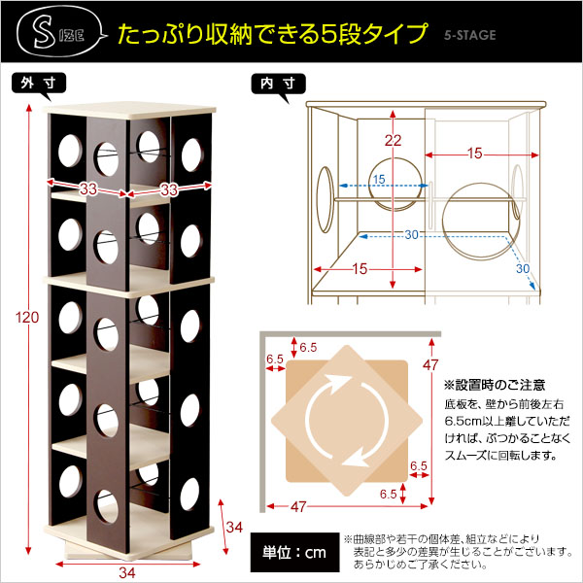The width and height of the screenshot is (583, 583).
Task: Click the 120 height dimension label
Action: click(27, 317)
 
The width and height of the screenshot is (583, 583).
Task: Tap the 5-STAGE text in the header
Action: click(470, 35)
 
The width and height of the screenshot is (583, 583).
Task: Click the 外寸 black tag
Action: click(39, 84)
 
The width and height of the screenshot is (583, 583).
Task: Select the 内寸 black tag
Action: click(279, 84)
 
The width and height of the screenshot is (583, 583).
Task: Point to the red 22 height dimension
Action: click(393, 140)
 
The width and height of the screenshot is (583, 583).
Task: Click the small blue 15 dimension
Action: click(379, 179)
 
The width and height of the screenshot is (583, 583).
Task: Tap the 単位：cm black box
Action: click(294, 552)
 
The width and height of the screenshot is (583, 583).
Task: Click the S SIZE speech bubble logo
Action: click(59, 33)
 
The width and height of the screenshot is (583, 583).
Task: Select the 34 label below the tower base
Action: click(127, 572)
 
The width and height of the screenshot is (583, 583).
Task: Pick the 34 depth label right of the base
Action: click(234, 527)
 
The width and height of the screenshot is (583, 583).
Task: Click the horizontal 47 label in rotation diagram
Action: click(298, 506)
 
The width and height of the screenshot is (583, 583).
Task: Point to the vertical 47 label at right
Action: click(430, 365)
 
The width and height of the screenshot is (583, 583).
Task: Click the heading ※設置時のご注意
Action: click(495, 385)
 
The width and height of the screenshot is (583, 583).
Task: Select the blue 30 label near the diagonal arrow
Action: click(523, 268)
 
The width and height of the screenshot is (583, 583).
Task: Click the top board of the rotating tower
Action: click(129, 111)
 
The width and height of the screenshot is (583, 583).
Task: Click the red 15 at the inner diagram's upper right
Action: click(475, 154)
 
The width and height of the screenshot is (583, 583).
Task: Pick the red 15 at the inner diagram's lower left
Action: click(360, 269)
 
